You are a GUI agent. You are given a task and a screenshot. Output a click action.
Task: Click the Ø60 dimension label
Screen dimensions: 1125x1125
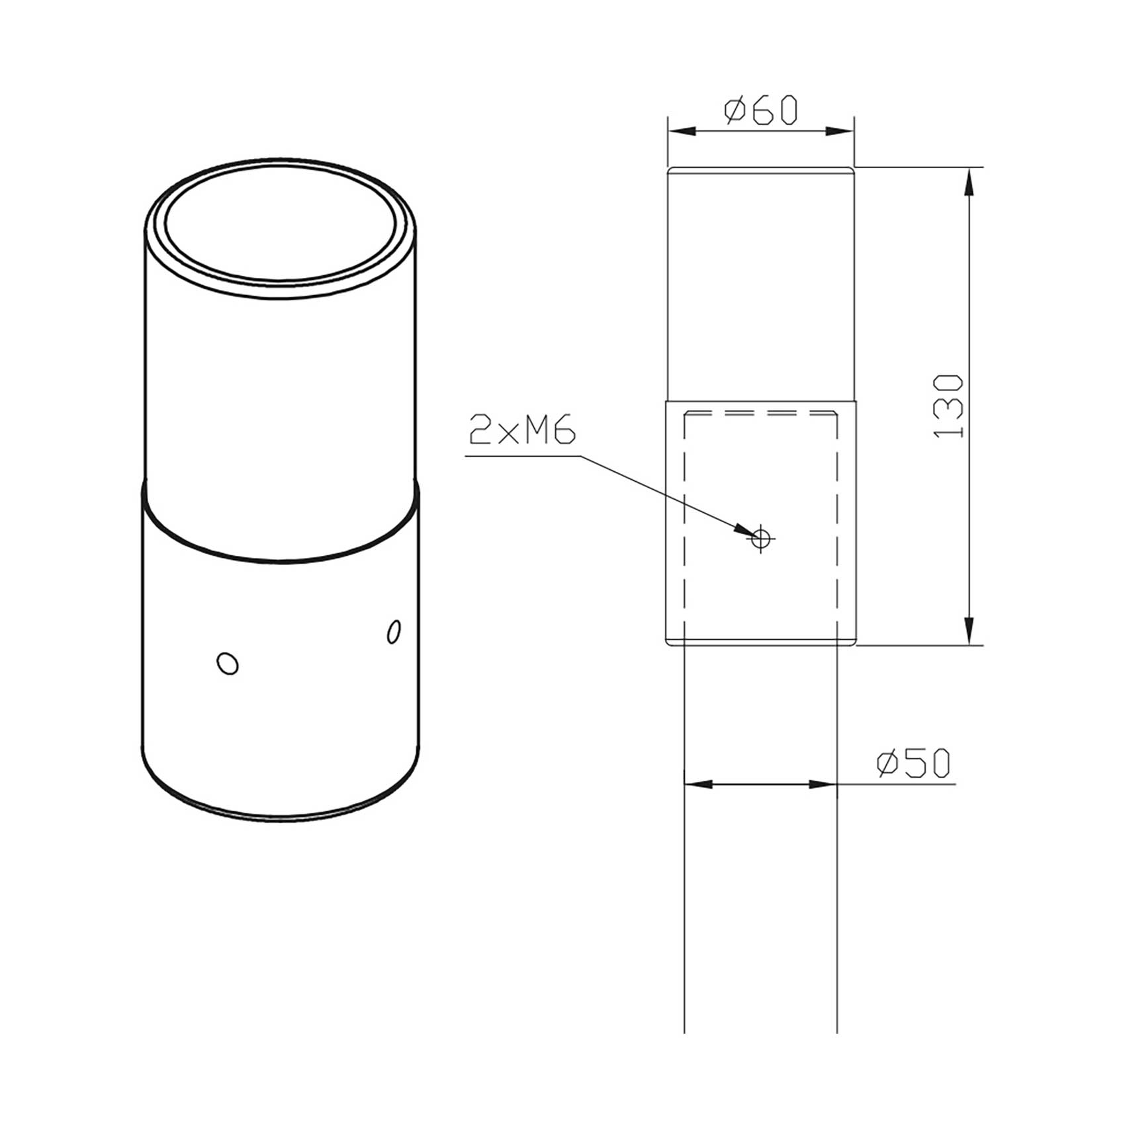(x=760, y=111)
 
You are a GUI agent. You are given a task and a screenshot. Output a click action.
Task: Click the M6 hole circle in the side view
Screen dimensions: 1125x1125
(x=761, y=538)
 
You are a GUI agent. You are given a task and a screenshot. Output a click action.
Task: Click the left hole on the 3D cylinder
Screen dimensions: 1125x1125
(x=228, y=662)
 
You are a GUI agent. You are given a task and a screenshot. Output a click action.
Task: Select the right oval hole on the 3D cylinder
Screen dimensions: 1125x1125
(x=393, y=631)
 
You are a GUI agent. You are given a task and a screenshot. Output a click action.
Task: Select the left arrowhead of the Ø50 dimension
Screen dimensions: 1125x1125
(x=695, y=784)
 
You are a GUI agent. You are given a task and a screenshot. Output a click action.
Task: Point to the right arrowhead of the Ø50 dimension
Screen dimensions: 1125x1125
(x=825, y=784)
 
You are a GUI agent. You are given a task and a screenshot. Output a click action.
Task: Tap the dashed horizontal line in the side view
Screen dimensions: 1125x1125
(x=761, y=414)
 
